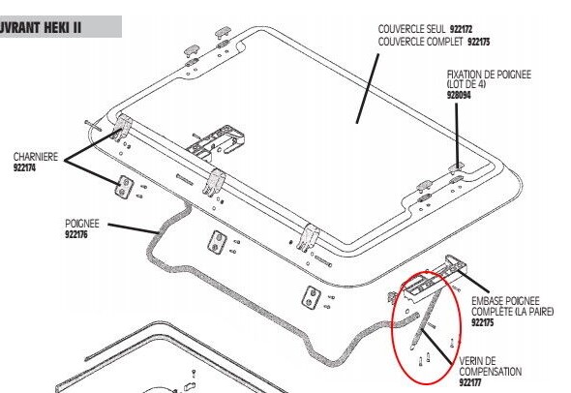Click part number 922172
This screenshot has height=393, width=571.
click(x=461, y=29)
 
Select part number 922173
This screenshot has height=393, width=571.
click(x=478, y=42)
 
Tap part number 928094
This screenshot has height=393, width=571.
click(x=459, y=95)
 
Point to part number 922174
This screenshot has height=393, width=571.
click(x=24, y=167)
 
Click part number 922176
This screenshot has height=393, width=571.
click(x=76, y=234)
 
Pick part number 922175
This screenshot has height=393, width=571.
click(x=483, y=322)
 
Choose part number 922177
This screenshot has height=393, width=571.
click(x=470, y=382)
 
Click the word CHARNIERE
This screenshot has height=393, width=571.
click(x=36, y=157)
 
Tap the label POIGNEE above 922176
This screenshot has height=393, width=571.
click(x=82, y=224)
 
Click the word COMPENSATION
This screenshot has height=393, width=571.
click(x=490, y=372)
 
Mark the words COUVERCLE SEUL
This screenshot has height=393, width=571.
click(x=411, y=29)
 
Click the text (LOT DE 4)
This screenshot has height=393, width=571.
click(x=466, y=84)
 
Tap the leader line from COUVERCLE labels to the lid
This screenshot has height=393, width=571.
click(x=368, y=88)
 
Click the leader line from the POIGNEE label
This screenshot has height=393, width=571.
click(x=134, y=228)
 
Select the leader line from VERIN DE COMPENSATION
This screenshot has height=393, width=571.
click(x=436, y=347)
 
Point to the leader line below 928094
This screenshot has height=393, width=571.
click(x=458, y=136)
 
